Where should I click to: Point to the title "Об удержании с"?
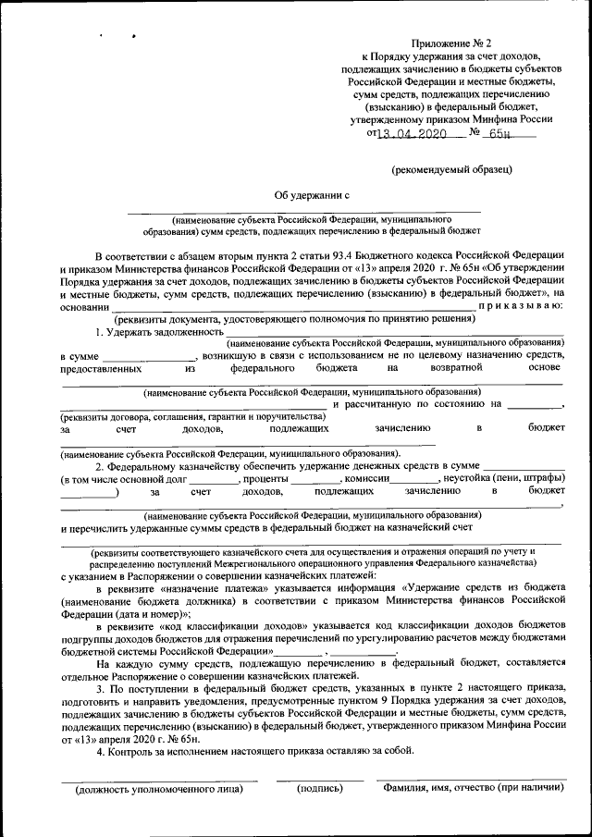(x=311, y=194)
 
